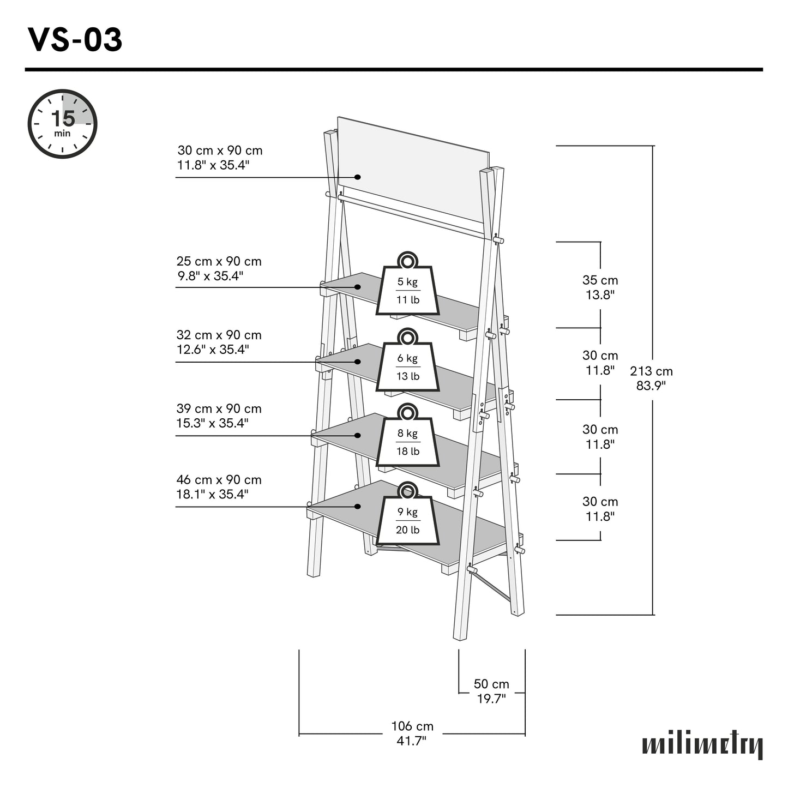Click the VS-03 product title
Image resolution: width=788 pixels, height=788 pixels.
coord(75,40)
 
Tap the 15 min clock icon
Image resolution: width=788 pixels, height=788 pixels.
coord(62,124)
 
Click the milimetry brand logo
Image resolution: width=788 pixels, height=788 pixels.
coord(702,744)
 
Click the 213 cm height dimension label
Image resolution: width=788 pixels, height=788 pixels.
coord(651,378)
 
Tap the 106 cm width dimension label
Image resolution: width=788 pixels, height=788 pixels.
coord(412,733)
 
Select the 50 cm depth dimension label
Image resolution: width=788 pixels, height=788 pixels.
coord(491,691)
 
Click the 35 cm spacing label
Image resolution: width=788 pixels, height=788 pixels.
coord(600,287)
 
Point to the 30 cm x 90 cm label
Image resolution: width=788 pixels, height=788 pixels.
coord(220,158)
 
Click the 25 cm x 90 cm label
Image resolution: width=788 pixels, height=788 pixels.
coord(219,268)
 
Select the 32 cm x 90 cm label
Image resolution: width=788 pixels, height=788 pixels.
coord(219,342)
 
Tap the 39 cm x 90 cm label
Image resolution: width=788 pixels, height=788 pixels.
coord(219,416)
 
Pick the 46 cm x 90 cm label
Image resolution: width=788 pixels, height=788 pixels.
coord(219,487)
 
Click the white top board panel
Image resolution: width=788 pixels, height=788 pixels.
coord(414,164)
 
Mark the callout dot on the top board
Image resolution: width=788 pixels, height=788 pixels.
coord(358,177)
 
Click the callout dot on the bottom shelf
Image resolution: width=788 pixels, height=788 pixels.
coord(358,507)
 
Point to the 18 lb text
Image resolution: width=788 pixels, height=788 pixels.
coord(407,451)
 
